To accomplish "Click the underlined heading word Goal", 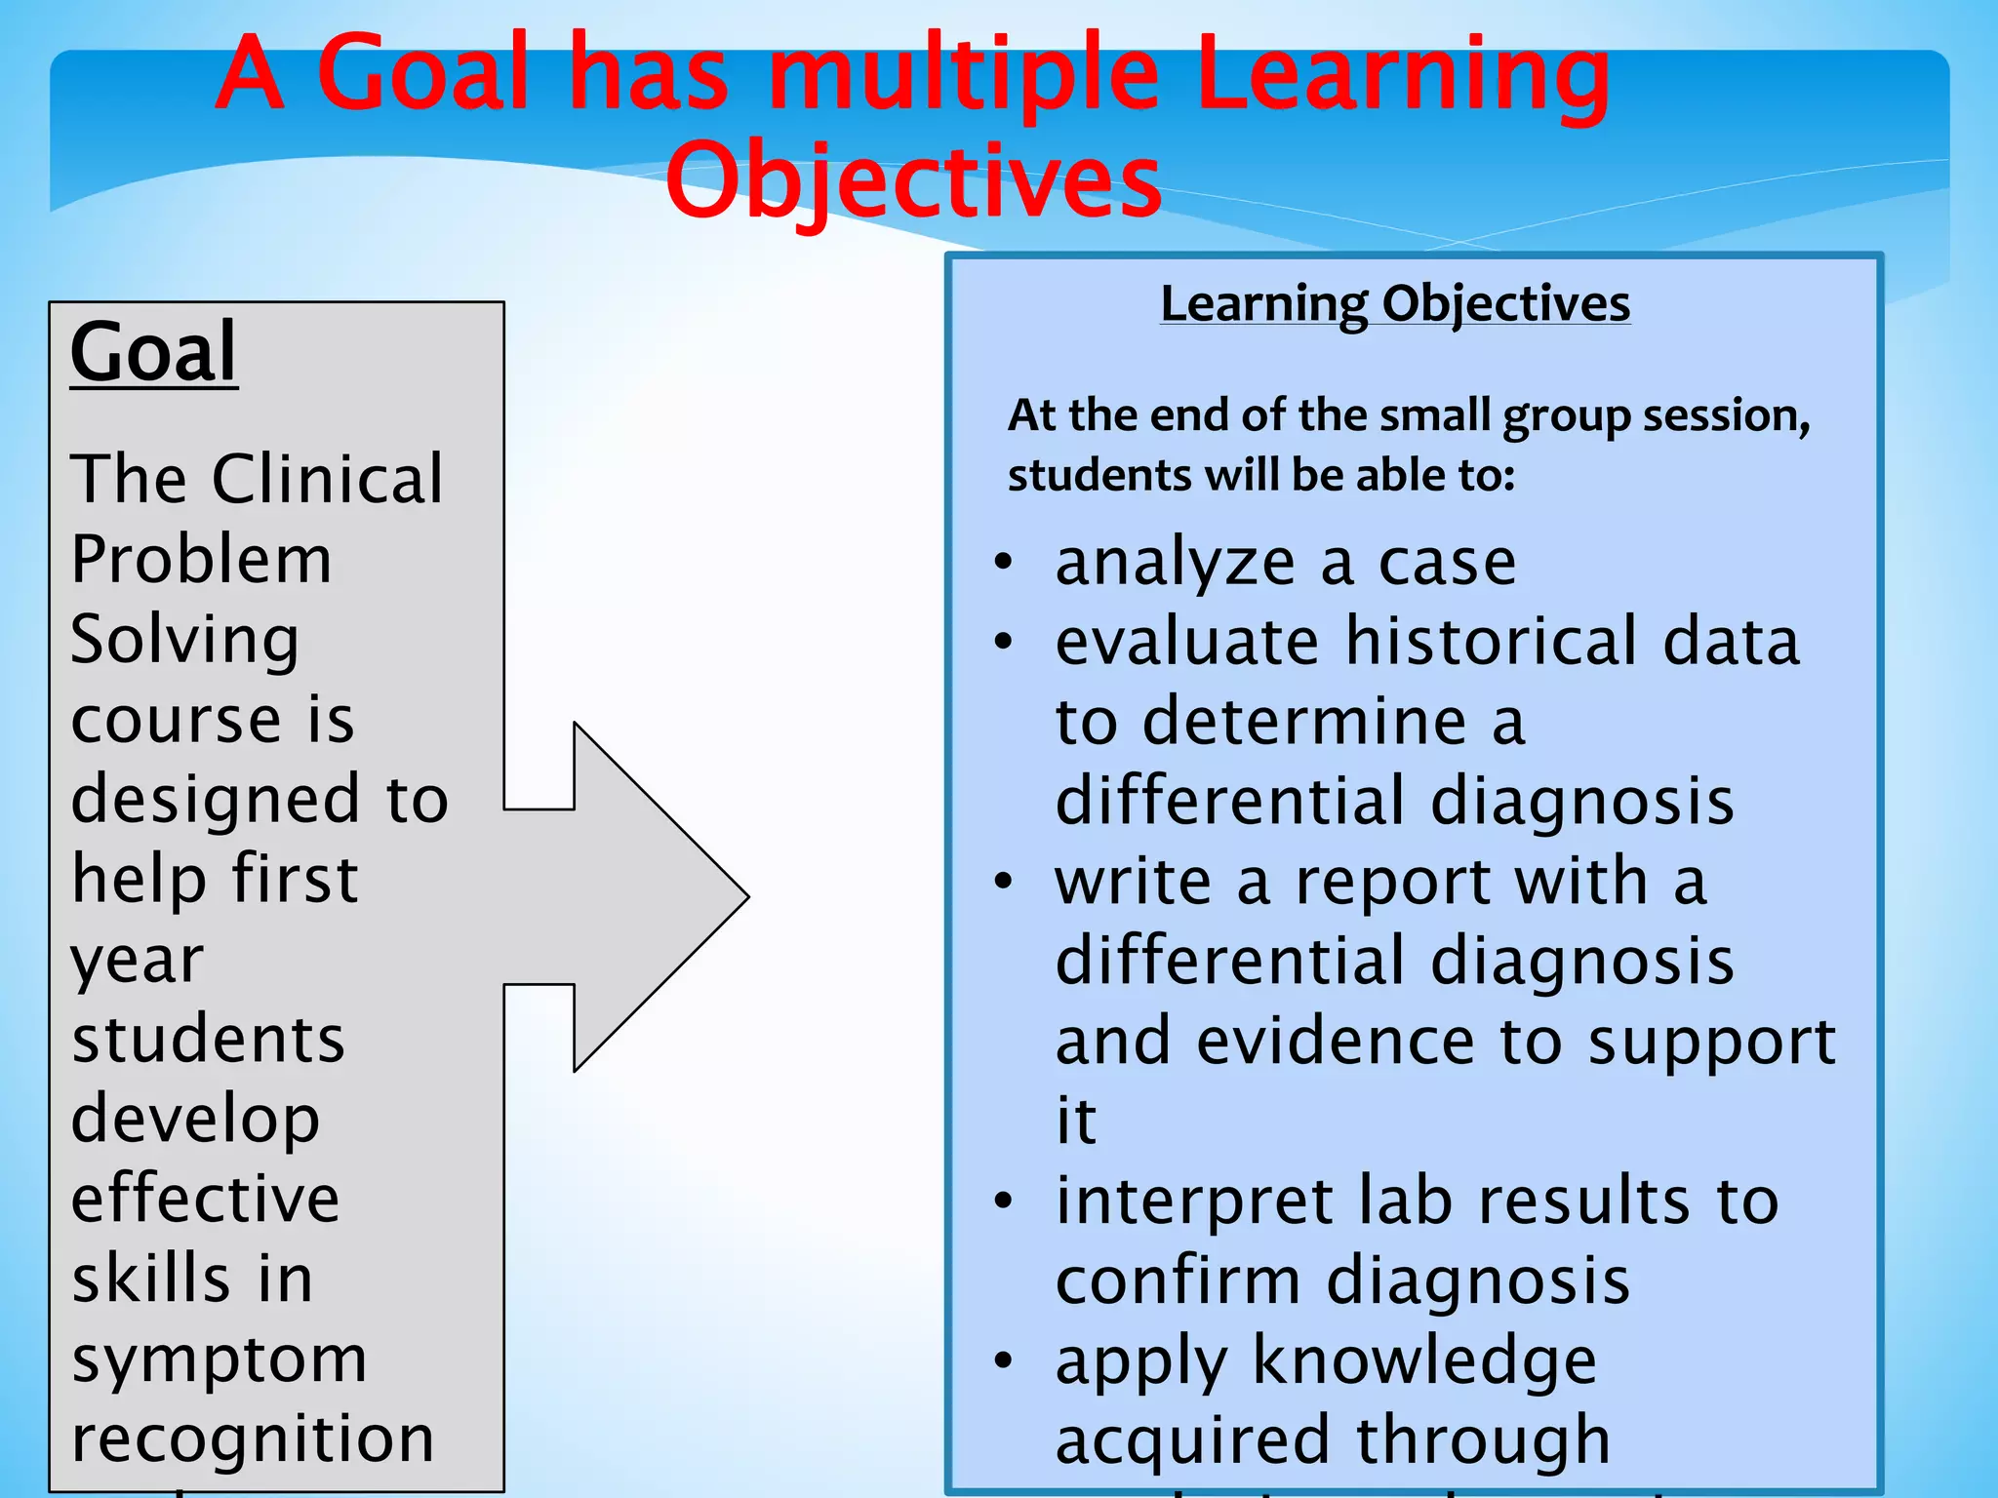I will (x=153, y=352).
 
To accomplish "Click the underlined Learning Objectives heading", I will (x=1394, y=304).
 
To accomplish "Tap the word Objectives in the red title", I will (x=913, y=180).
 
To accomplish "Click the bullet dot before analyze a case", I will (x=1004, y=563).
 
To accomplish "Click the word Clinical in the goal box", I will (x=328, y=480).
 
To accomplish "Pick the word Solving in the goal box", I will (x=184, y=641).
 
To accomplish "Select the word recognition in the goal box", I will (x=253, y=1439).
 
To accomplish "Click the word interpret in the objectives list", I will (x=1194, y=1202).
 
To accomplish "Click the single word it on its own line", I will (x=1076, y=1121).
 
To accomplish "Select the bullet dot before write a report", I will (x=1004, y=882).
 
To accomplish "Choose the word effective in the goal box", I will (x=205, y=1199).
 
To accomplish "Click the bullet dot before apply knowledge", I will (x=1004, y=1360).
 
